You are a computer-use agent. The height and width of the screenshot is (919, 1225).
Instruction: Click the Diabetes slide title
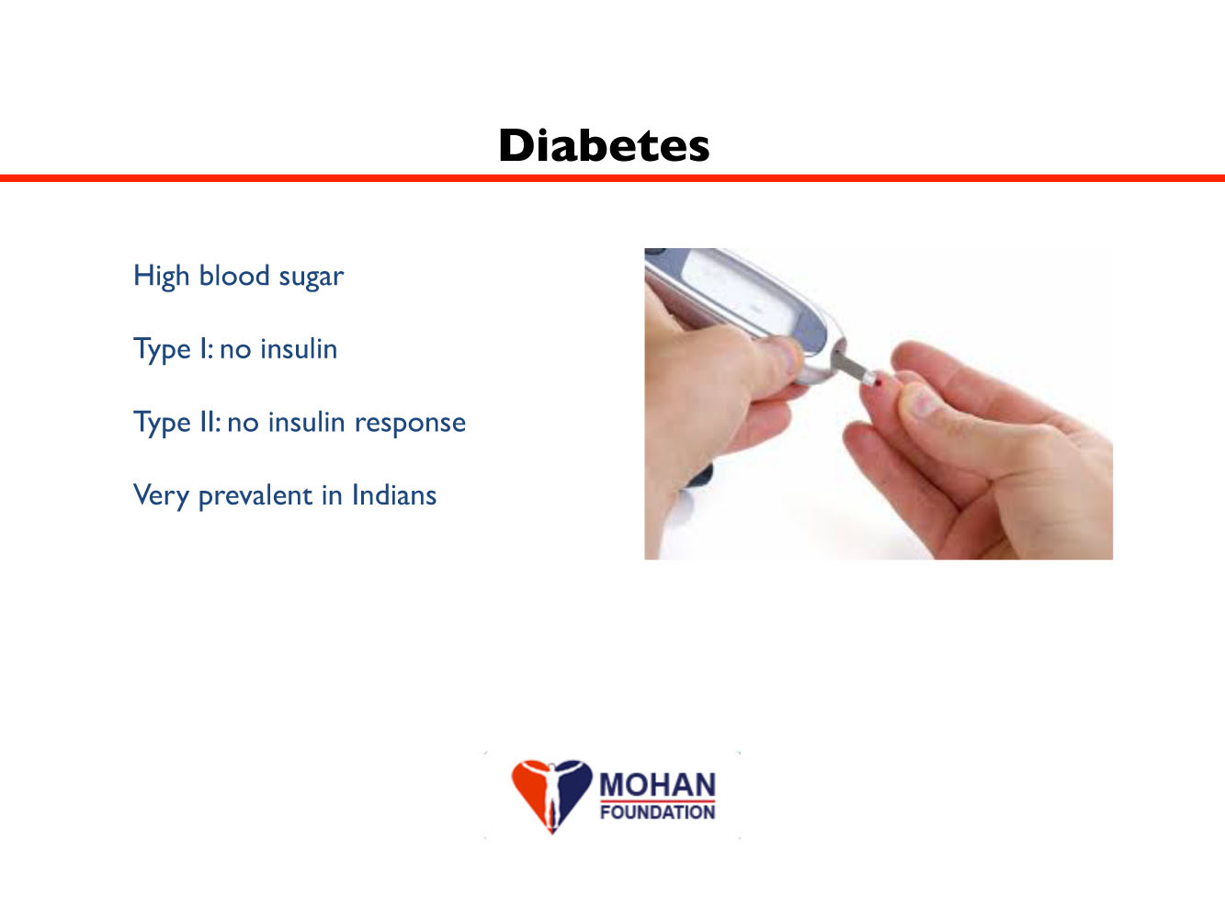click(x=604, y=145)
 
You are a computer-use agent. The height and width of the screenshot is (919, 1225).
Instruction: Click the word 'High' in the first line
click(x=162, y=277)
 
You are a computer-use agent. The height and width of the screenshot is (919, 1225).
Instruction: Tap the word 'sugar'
click(x=311, y=278)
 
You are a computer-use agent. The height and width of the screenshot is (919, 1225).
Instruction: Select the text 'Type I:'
click(x=173, y=350)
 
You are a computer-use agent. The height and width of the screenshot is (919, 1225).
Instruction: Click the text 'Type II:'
click(x=177, y=423)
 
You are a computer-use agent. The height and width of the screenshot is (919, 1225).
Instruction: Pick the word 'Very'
click(x=162, y=496)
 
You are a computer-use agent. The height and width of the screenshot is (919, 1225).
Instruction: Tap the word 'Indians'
click(x=394, y=494)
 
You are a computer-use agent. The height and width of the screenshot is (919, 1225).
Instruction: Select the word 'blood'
click(x=234, y=275)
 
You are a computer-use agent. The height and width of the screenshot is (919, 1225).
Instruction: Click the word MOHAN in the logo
click(x=657, y=785)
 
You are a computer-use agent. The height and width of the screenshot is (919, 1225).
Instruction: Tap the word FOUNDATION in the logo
click(x=657, y=811)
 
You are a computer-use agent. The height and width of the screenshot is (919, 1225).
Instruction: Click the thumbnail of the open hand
click(x=921, y=401)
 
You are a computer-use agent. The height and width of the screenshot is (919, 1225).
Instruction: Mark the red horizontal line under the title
click(x=612, y=178)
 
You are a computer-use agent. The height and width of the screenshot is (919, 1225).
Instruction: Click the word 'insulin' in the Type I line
click(x=299, y=348)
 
